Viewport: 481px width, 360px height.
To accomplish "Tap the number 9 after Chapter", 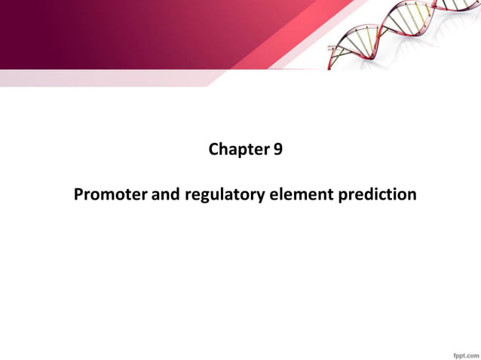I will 278,150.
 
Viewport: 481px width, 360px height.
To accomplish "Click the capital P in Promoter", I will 79,195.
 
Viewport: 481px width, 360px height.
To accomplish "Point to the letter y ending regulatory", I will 260,197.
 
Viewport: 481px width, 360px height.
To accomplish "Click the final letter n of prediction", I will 412,196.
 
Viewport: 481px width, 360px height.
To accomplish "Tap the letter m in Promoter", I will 109,196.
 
